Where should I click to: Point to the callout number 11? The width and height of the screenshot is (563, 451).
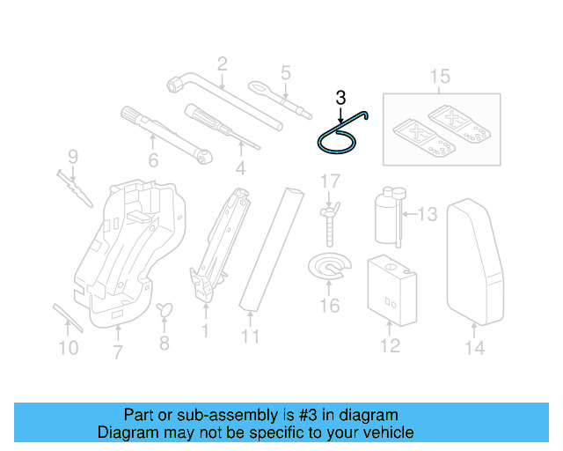250,336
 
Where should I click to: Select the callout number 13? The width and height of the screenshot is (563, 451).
427,213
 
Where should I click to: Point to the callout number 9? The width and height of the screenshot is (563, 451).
73,157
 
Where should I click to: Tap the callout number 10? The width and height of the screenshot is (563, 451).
69,348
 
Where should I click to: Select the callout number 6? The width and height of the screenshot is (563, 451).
153,160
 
